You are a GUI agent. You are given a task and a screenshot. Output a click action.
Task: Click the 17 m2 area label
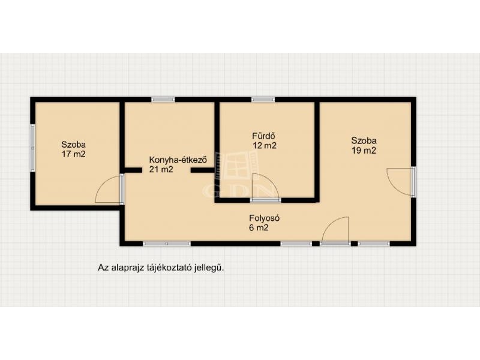click(x=73, y=154)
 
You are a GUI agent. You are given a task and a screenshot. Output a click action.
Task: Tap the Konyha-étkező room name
click(x=178, y=160)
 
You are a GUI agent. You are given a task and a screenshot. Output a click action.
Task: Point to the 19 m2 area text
click(x=364, y=151)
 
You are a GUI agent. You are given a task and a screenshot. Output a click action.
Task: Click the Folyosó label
click(x=265, y=218)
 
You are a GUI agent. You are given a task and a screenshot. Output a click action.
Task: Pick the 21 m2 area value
click(x=161, y=169)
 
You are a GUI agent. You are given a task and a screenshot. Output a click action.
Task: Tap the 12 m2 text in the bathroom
click(x=265, y=145)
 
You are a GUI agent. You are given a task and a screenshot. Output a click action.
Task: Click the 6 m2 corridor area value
click(x=259, y=228)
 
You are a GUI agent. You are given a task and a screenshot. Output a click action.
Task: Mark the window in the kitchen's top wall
click(x=163, y=99)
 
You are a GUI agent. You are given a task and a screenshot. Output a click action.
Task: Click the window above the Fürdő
click(x=263, y=99)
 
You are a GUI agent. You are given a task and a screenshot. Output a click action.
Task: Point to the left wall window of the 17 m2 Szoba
click(x=32, y=148)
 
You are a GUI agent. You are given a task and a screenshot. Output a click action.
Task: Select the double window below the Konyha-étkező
click(x=167, y=244)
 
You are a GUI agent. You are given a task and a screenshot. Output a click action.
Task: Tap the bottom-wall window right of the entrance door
click(x=373, y=244)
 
